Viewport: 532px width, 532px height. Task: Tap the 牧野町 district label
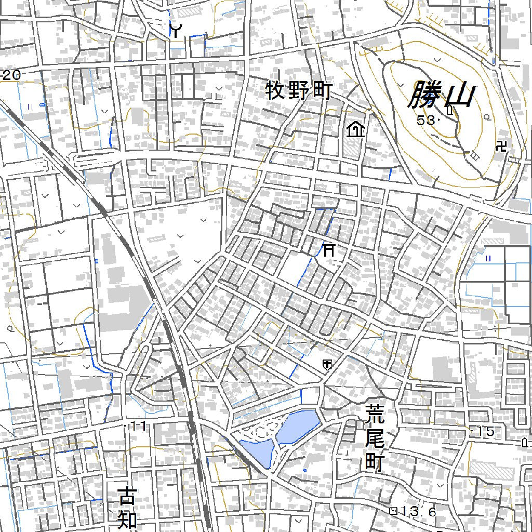pos(299,91)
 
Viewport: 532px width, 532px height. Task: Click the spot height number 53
pos(425,121)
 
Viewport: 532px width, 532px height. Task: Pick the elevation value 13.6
pos(419,511)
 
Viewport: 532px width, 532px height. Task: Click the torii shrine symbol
pos(329,250)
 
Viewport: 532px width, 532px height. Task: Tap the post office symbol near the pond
pos(327,364)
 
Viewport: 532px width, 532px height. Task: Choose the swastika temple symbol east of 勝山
pos(501,146)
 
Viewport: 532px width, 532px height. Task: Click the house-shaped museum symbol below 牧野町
pos(356,129)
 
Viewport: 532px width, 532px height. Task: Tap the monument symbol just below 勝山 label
pos(449,110)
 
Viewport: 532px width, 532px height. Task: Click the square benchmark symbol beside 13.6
pos(393,511)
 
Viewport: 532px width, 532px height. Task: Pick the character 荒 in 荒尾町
pos(374,416)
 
